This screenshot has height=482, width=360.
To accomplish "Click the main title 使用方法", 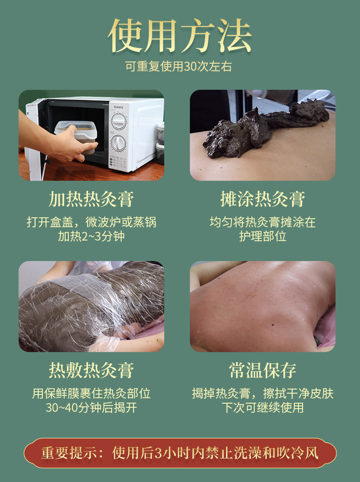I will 180,36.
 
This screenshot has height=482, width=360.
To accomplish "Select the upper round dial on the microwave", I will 119,121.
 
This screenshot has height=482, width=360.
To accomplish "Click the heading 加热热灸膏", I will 91,199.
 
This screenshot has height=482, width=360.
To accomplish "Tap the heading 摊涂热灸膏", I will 262,199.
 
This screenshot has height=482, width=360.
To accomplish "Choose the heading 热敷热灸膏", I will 91,370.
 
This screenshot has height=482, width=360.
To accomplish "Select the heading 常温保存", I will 262,370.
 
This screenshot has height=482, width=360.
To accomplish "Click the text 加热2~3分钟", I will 91,236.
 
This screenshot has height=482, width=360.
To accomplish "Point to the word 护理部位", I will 262,236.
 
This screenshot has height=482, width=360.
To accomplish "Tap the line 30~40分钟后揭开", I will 91,407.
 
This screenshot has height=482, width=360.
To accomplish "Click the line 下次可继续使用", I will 262,407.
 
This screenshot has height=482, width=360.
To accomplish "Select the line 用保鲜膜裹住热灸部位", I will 91,393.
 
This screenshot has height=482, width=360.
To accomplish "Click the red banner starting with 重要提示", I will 180,453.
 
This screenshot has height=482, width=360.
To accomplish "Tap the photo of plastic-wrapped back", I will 91,306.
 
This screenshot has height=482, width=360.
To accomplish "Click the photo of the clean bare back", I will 262,306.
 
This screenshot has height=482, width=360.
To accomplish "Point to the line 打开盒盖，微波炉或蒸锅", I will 91,222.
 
